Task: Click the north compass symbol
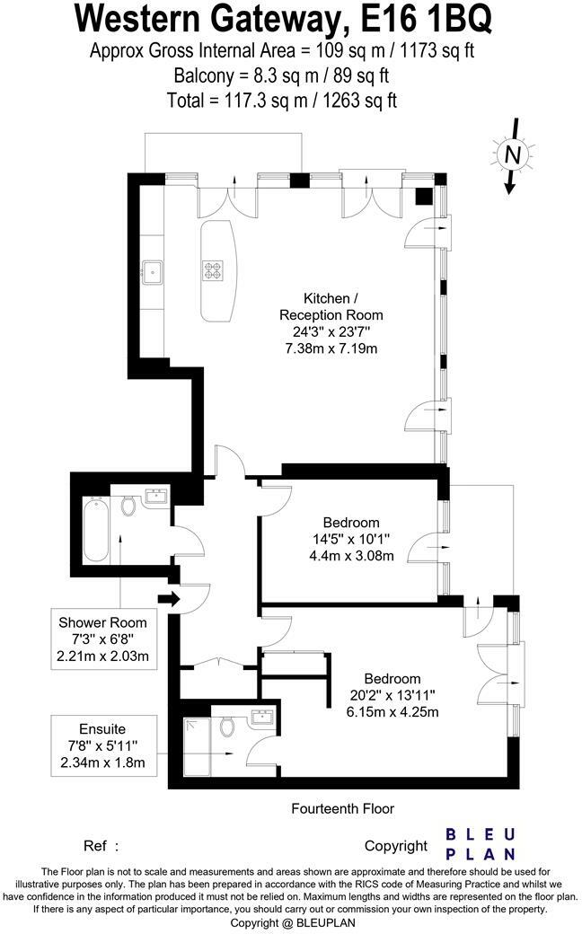pos(512,155)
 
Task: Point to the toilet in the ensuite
pos(226,726)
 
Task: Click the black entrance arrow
pos(167,599)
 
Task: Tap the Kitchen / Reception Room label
pos(331,306)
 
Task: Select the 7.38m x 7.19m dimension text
pos(331,348)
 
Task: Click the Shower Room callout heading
pos(102,622)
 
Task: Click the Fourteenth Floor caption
pos(342,808)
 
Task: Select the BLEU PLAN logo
pos(481,843)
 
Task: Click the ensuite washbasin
pos(264,718)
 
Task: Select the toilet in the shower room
pos(128,507)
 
